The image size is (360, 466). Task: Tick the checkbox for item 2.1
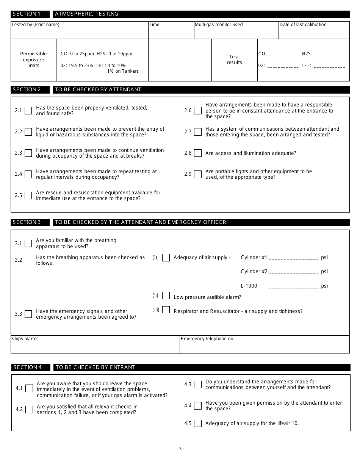[x=28, y=111]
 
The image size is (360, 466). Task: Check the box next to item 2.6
[x=197, y=111]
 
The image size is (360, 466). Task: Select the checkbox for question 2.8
[x=197, y=153]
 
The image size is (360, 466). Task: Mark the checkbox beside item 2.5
[x=28, y=195]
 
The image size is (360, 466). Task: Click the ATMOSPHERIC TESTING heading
[x=87, y=14]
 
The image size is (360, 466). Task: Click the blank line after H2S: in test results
[x=329, y=55]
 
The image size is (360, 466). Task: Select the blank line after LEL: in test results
[x=329, y=66]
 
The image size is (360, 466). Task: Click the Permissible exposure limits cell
[x=33, y=60]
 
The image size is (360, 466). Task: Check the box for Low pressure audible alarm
[x=166, y=296]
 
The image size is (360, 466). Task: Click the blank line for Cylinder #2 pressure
[x=294, y=272]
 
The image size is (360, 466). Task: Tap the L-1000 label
[x=249, y=286]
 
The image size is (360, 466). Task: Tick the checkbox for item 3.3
[x=28, y=314]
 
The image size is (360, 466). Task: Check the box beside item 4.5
[x=197, y=424]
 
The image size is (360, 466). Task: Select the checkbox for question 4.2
[x=29, y=410]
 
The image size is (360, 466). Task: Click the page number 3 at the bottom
[x=180, y=449]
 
